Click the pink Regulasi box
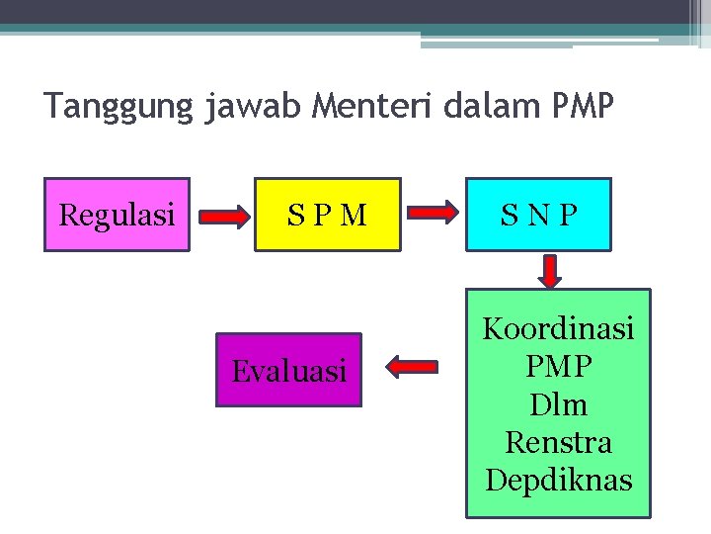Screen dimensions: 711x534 click(x=117, y=215)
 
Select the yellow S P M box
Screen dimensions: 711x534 click(x=328, y=215)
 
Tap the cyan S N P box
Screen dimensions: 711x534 click(x=539, y=215)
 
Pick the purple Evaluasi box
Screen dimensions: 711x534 click(x=288, y=371)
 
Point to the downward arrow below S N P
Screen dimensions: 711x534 click(x=550, y=269)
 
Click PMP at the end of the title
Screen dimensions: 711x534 click(x=582, y=105)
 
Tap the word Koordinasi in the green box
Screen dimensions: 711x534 click(x=558, y=329)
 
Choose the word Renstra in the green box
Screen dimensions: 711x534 click(x=558, y=442)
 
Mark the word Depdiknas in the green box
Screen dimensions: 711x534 click(x=558, y=480)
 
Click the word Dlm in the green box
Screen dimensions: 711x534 click(x=558, y=404)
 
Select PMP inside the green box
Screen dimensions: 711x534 click(x=558, y=367)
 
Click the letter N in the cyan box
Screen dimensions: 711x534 click(x=539, y=215)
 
